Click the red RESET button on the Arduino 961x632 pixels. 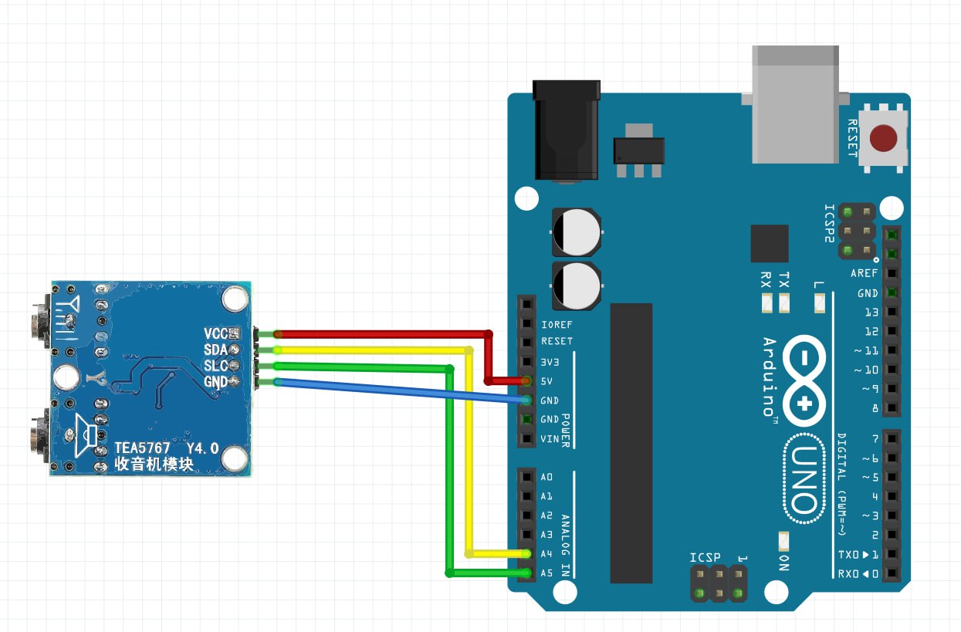coord(883,139)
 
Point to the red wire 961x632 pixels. coord(378,334)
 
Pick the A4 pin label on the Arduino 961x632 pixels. coord(546,554)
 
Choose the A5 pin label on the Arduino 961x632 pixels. coord(546,573)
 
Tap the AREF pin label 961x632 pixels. coord(864,274)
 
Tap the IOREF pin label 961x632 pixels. coord(557,324)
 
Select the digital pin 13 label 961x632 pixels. coord(871,313)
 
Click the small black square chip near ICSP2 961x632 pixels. coord(769,244)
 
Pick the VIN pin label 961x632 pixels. coord(549,438)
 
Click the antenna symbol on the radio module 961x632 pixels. coord(69,310)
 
